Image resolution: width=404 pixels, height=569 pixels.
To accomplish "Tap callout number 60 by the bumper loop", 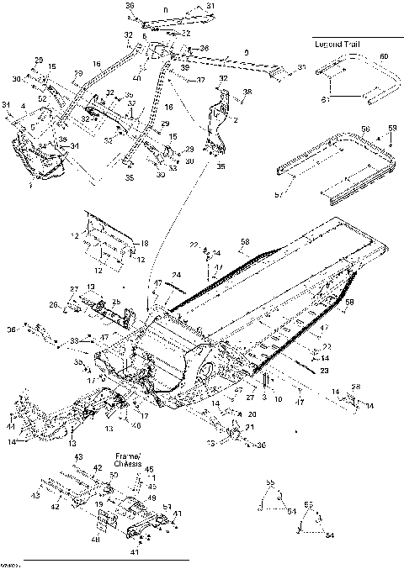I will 383,55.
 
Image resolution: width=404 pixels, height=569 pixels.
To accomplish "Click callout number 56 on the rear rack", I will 365,129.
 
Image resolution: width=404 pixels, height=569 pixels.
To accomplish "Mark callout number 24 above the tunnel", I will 176,274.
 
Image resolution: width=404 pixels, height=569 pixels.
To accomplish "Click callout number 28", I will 356,387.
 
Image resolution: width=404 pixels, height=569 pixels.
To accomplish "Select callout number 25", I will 117,301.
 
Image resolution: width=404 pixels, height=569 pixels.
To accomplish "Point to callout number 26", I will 52,305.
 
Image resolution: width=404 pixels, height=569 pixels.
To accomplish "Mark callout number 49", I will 152,498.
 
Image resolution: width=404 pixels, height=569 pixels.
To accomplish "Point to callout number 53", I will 173,168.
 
